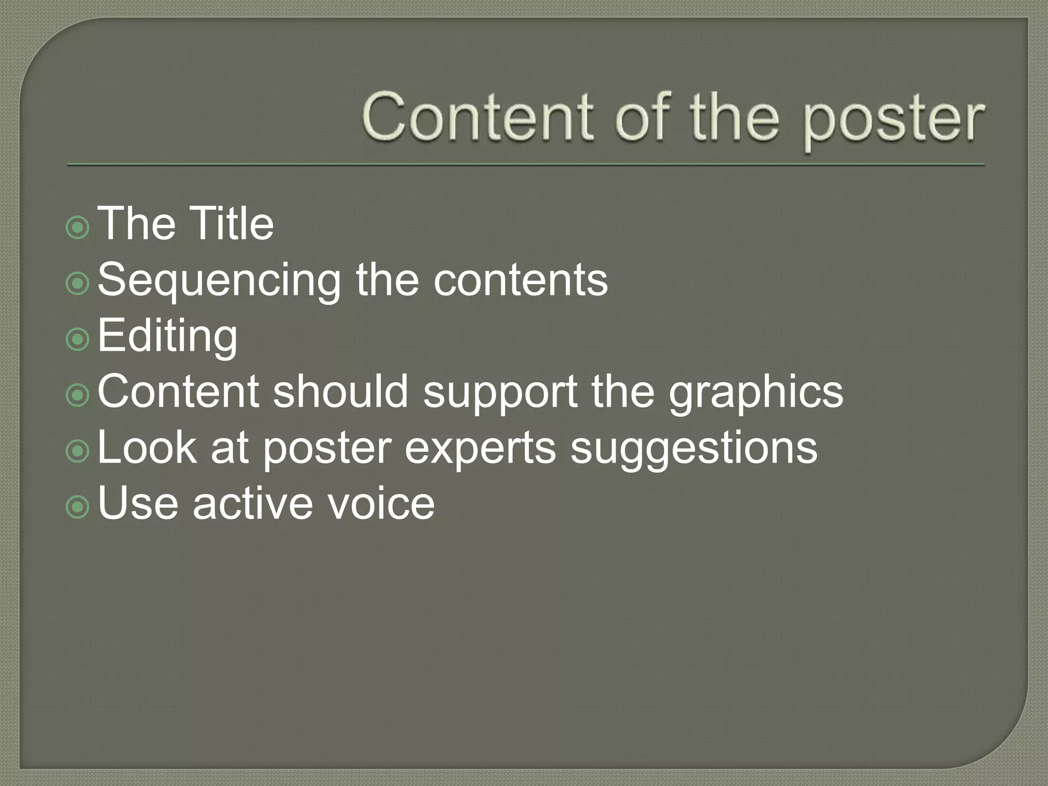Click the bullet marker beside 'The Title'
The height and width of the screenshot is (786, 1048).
pos(78,227)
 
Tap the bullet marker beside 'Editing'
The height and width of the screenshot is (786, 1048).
pos(78,339)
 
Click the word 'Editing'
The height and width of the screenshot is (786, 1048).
pos(167,337)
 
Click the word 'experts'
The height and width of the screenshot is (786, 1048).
pos(480,449)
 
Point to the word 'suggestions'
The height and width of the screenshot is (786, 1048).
pos(693,449)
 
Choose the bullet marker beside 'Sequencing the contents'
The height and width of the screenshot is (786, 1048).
pos(78,283)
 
